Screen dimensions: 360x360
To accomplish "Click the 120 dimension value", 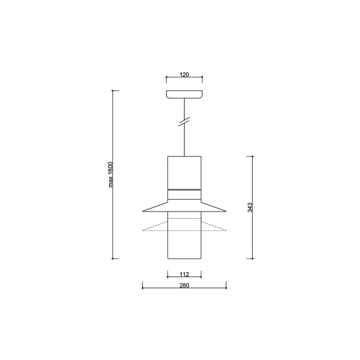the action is tap(184, 75).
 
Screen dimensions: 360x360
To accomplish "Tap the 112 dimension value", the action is tap(185, 274).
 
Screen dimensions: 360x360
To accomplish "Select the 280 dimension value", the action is tap(185, 285).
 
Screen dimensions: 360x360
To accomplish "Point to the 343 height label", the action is tap(250, 207).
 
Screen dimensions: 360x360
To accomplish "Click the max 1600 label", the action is tap(111, 174).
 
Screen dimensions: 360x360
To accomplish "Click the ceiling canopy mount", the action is tap(185, 94).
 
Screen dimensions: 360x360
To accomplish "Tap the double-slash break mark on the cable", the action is tap(184, 122).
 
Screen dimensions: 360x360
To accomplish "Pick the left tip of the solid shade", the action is tap(142, 211).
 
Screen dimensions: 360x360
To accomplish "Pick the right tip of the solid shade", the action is tap(226, 211).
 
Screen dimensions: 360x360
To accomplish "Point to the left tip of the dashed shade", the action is tap(142, 230).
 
